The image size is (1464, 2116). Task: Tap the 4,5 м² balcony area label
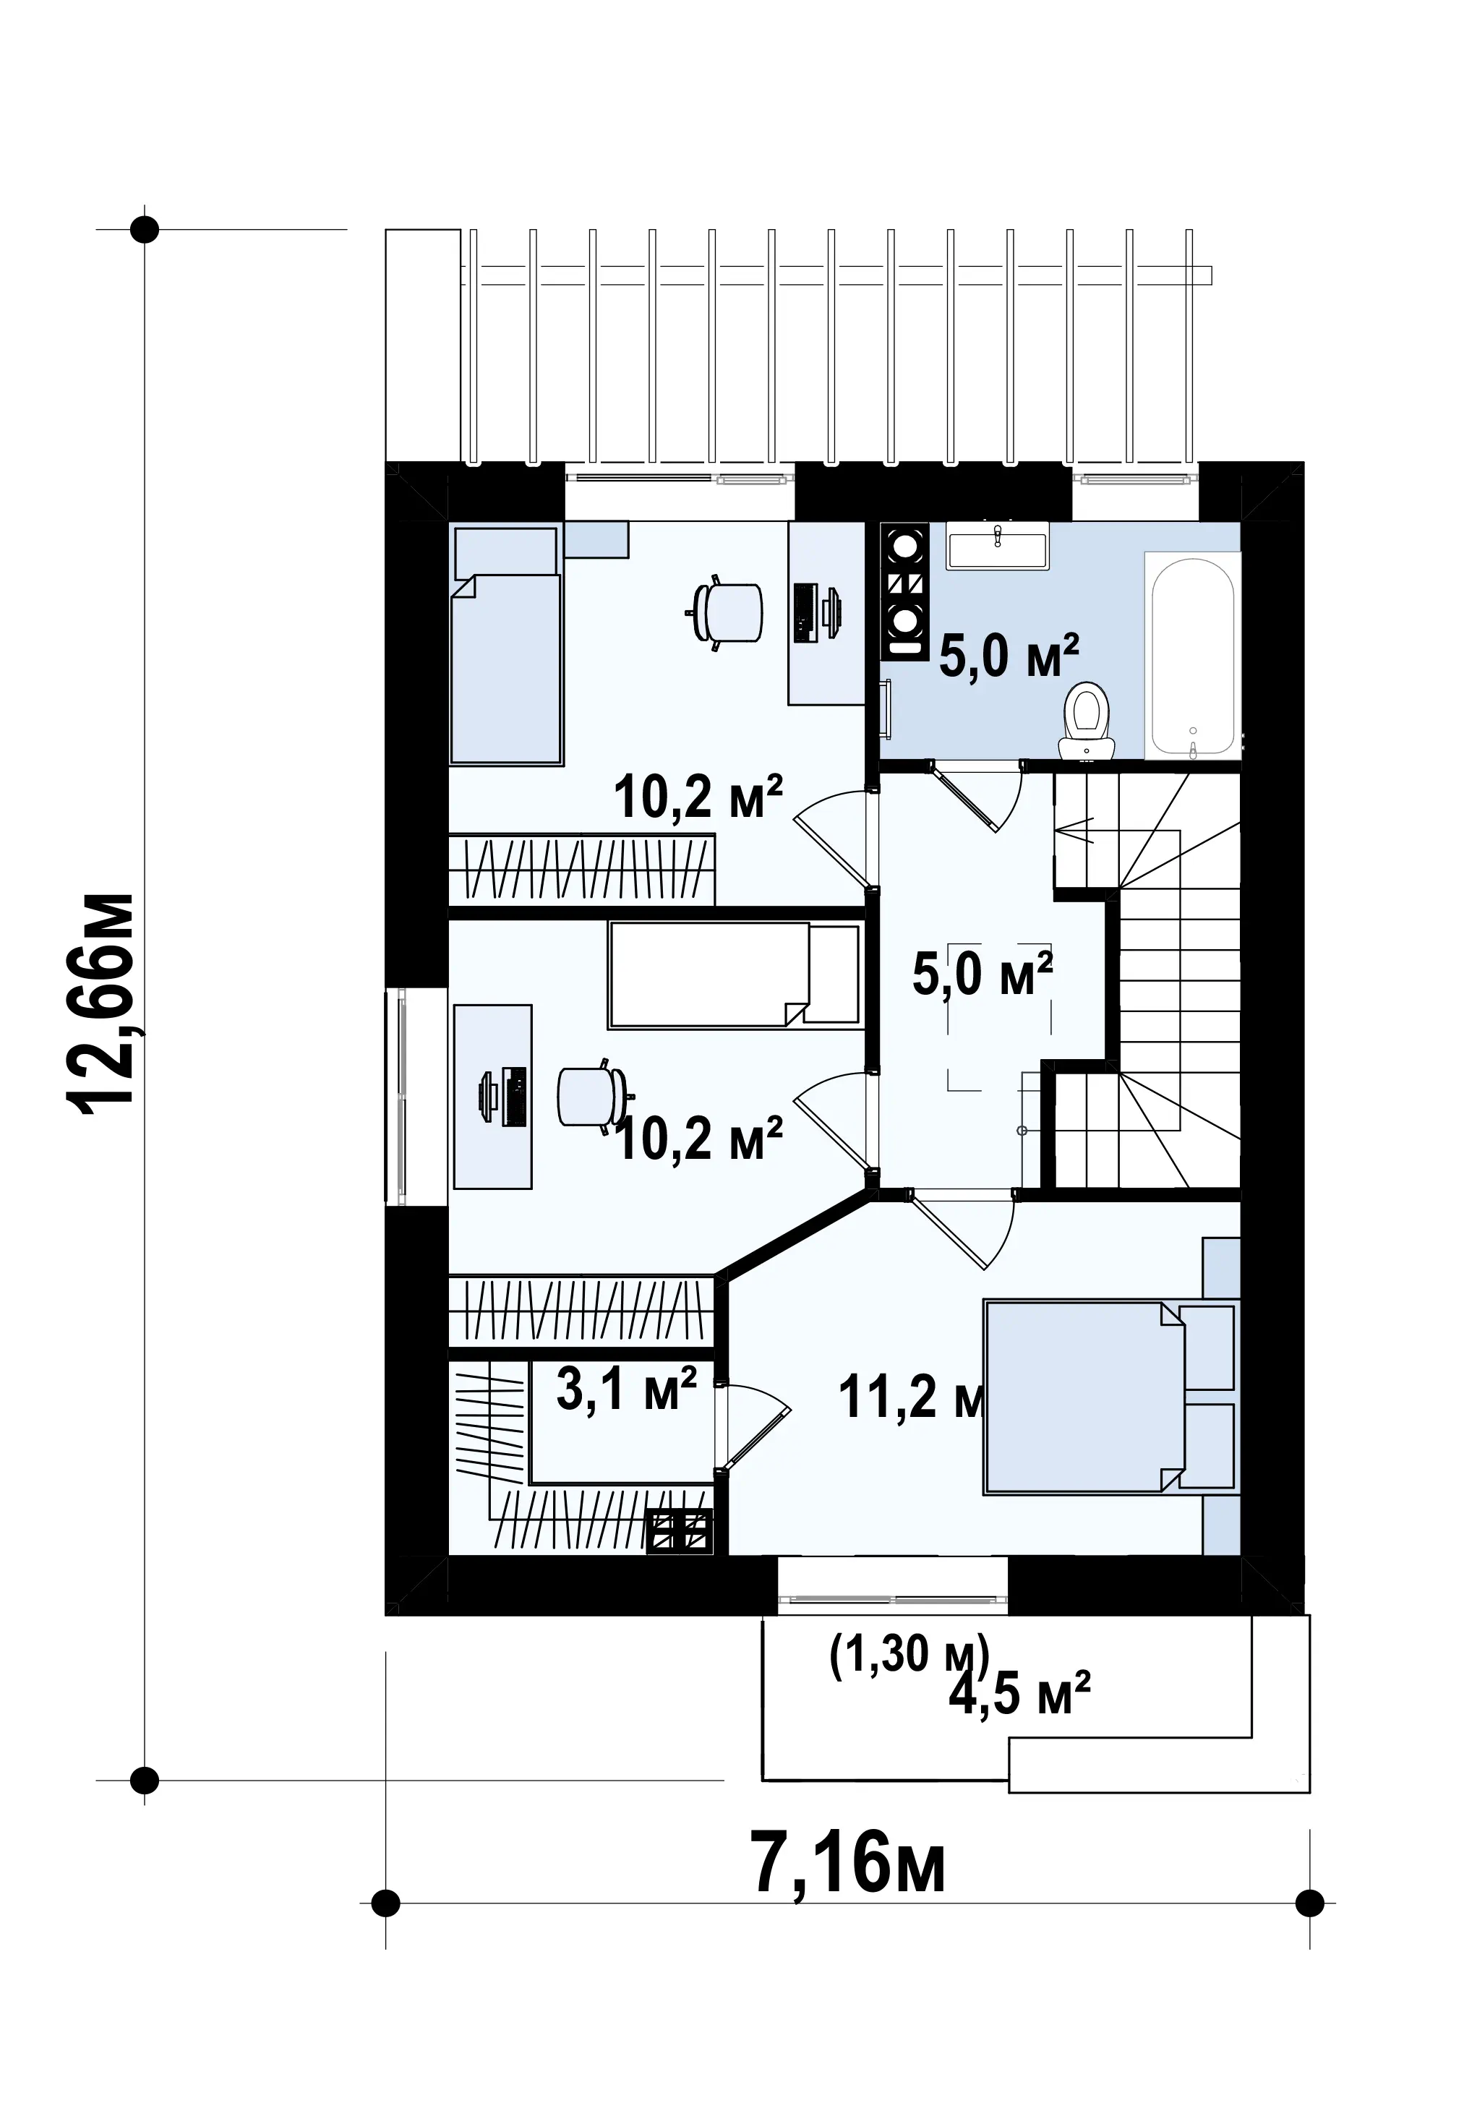click(1019, 1692)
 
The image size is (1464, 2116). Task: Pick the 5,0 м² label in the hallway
click(983, 974)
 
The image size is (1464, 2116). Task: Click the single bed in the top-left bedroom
click(505, 644)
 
